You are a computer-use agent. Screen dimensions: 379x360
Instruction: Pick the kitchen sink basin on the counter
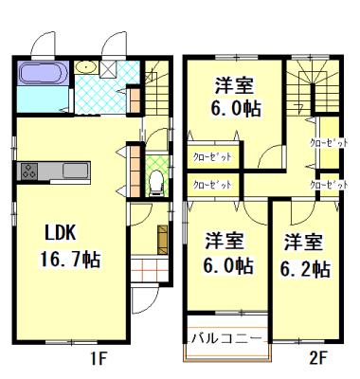tap(74, 171)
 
